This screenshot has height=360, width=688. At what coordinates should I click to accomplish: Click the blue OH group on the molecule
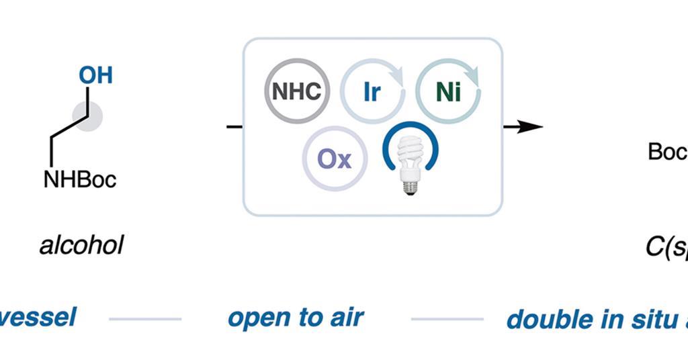[x=95, y=75]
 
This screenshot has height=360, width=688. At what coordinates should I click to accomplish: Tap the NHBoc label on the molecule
[x=80, y=179]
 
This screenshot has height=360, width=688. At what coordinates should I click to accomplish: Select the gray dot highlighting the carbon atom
[x=87, y=116]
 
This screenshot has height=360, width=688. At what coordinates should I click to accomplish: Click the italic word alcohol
[x=81, y=246]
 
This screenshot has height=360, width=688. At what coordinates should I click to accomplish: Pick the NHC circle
[x=296, y=91]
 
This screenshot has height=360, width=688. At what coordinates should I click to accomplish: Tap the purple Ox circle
[x=335, y=159]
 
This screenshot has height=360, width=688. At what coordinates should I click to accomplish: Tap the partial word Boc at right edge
[x=667, y=152]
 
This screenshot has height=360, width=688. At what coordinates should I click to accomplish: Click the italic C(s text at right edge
[x=666, y=247]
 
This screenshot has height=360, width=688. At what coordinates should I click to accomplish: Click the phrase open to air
[x=296, y=317]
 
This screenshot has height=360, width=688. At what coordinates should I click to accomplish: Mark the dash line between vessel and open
[x=145, y=319]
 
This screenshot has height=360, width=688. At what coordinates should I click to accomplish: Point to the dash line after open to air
[x=447, y=319]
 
